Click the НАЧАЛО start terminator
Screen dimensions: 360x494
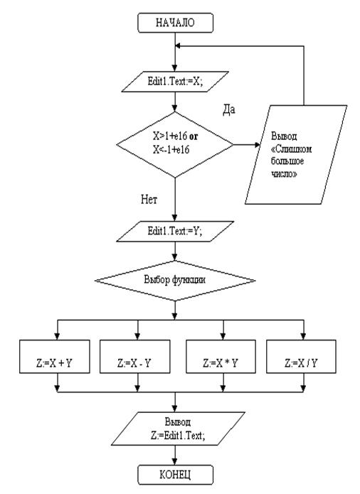click(x=175, y=23)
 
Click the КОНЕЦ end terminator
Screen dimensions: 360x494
click(x=175, y=475)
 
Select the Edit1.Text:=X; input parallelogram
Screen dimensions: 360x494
click(x=175, y=82)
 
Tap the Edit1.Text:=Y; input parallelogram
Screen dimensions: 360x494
click(x=175, y=231)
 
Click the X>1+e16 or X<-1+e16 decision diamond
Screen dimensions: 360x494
click(x=175, y=145)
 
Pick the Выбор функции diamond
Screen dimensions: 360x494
click(x=175, y=280)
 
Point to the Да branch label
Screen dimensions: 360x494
click(x=229, y=109)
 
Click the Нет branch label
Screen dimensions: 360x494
click(x=149, y=199)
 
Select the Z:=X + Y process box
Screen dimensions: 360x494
click(x=55, y=357)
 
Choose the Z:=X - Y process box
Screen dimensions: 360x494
click(x=135, y=357)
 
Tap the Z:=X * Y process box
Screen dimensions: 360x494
click(x=221, y=357)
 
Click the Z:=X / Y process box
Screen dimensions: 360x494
click(x=301, y=357)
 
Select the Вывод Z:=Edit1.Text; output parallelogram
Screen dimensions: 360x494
click(x=178, y=429)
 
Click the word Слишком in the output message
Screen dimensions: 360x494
click(x=292, y=149)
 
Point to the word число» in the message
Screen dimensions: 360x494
click(x=284, y=173)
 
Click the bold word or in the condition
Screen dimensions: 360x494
click(x=194, y=136)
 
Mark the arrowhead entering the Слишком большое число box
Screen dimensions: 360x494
click(x=258, y=145)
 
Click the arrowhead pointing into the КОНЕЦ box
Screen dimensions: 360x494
click(x=175, y=462)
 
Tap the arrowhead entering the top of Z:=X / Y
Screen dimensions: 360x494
click(x=303, y=336)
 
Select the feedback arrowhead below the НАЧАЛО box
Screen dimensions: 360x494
click(x=178, y=46)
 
